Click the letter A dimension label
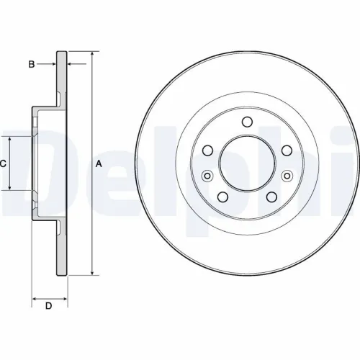point(99,163)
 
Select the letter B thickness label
point(31,65)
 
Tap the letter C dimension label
point(3,163)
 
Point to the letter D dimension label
point(49,307)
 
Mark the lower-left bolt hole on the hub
point(222,198)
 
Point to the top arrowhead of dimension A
point(92,54)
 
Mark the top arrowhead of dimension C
point(9,139)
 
